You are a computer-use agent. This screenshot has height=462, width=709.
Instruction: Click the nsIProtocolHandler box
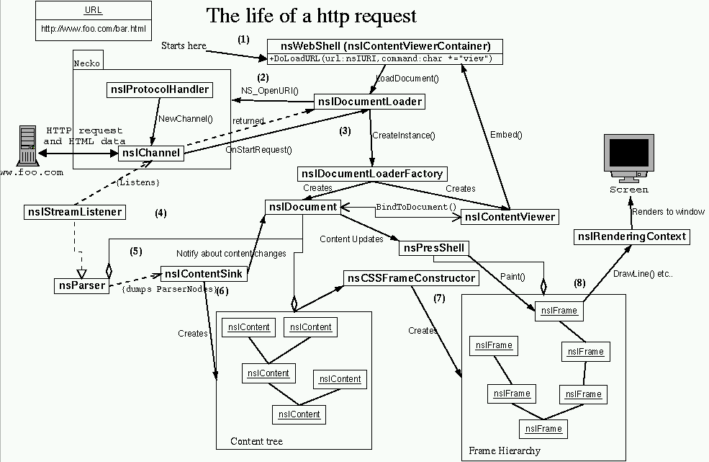(x=159, y=90)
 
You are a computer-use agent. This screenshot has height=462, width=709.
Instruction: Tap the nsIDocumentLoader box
(x=370, y=102)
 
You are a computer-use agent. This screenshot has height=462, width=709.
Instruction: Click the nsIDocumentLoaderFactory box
(x=372, y=174)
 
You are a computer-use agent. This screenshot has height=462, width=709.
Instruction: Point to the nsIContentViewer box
(x=510, y=216)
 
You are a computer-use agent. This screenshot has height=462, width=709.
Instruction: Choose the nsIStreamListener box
(x=74, y=212)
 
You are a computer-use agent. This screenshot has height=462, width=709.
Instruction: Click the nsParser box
(x=81, y=285)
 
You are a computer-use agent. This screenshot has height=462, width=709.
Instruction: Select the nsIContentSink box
(x=204, y=274)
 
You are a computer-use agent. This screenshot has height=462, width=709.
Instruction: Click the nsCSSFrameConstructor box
(x=411, y=278)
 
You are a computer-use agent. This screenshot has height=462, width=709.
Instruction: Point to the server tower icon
(x=28, y=145)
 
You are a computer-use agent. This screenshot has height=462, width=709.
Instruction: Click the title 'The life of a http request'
(x=312, y=15)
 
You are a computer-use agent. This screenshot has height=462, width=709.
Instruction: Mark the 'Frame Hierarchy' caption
(x=504, y=450)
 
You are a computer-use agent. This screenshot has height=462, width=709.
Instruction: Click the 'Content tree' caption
(x=256, y=441)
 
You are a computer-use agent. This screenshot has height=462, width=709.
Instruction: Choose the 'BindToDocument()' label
(x=416, y=208)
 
